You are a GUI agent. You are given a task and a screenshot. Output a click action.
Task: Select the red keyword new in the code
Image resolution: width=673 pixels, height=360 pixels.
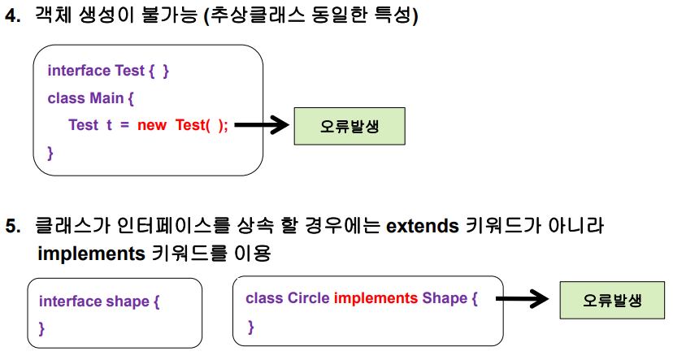[151, 125]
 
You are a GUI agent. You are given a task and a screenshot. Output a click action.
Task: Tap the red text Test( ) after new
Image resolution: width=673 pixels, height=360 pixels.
[196, 125]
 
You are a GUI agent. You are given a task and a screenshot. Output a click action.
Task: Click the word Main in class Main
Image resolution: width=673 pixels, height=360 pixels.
[106, 98]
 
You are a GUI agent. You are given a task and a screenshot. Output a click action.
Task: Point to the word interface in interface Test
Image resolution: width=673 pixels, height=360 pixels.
[79, 71]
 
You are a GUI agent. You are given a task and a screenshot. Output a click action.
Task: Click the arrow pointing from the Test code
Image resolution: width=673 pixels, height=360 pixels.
[262, 125]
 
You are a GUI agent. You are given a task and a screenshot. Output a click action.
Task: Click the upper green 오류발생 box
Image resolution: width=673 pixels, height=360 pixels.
[349, 127]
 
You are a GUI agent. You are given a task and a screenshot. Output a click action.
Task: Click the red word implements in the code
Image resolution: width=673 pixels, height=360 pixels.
[376, 298]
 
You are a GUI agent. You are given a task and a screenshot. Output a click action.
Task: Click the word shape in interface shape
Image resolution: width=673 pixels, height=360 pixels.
[127, 301]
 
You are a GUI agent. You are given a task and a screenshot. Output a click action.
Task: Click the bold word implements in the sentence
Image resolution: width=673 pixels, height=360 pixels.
[91, 253]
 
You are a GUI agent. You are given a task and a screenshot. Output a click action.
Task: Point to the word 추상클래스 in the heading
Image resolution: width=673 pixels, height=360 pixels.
[251, 16]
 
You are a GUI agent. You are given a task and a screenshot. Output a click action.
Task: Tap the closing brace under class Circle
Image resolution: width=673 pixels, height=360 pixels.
[251, 327]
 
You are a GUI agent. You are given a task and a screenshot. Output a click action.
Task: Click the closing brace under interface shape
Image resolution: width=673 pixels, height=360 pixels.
[42, 329]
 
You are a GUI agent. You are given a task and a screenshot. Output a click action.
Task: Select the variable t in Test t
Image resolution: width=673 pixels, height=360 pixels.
[108, 125]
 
